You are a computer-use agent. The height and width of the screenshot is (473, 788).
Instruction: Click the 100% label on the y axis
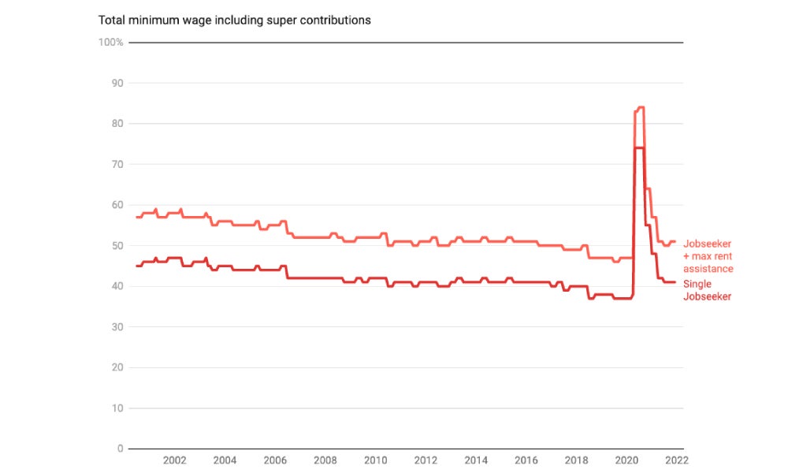[x=110, y=42]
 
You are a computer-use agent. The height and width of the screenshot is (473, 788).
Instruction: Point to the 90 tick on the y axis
[x=117, y=83]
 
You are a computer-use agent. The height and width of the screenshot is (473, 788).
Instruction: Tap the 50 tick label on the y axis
[x=117, y=245]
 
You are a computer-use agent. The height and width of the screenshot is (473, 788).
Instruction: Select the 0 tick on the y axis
[x=121, y=449]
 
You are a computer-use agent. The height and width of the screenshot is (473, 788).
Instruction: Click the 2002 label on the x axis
[x=174, y=460]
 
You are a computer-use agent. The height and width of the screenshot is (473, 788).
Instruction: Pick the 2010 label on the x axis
[x=375, y=460]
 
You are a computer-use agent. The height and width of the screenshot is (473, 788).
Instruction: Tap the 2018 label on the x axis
[x=576, y=460]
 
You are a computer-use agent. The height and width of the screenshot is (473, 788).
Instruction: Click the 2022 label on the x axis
[x=677, y=460]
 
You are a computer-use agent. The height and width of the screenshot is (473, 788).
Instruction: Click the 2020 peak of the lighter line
[x=641, y=107]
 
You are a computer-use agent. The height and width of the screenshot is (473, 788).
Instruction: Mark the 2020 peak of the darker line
[x=640, y=148]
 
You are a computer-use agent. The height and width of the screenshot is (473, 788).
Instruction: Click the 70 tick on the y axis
[x=117, y=164]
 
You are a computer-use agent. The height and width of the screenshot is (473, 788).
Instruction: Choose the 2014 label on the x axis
[x=476, y=460]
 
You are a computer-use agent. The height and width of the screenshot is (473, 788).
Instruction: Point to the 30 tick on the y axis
[x=117, y=326]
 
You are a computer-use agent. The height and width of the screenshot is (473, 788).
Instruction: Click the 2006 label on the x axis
[x=274, y=460]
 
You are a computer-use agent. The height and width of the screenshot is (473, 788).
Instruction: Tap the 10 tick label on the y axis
[x=117, y=408]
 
